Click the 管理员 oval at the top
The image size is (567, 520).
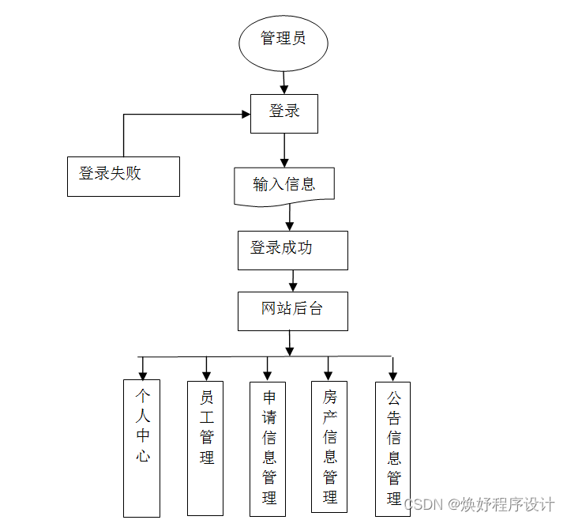pyautogui.click(x=283, y=39)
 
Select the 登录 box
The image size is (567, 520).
pyautogui.click(x=284, y=113)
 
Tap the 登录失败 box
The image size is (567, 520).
pyautogui.click(x=123, y=175)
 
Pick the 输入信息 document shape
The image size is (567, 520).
pyautogui.click(x=284, y=186)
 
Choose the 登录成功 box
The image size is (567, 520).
pyautogui.click(x=292, y=250)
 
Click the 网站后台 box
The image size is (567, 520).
pyautogui.click(x=292, y=311)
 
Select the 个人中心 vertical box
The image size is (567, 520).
pyautogui.click(x=142, y=447)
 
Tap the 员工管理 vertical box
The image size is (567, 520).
pyautogui.click(x=205, y=447)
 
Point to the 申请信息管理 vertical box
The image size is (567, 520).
pyautogui.click(x=268, y=447)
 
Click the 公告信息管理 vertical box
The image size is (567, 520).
pyautogui.click(x=392, y=448)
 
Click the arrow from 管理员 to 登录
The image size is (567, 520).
pyautogui.click(x=284, y=81)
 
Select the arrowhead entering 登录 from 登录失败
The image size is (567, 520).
pyautogui.click(x=244, y=115)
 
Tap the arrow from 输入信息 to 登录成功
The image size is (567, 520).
pyautogui.click(x=291, y=218)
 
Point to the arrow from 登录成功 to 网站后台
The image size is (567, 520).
pyautogui.click(x=293, y=281)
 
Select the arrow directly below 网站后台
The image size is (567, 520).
pyautogui.click(x=291, y=343)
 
